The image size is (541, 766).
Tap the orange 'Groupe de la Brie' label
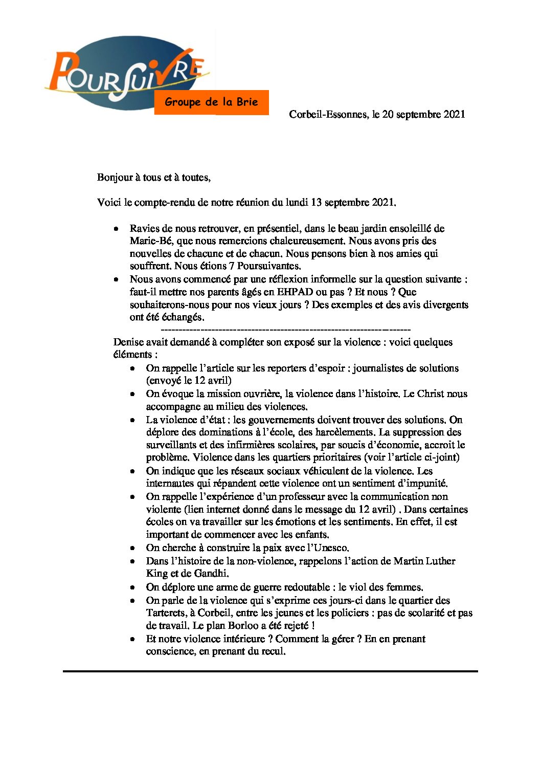(211, 102)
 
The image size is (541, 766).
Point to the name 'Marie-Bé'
(147, 241)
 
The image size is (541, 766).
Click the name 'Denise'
(128, 342)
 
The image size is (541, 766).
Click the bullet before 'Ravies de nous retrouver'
(117, 229)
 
